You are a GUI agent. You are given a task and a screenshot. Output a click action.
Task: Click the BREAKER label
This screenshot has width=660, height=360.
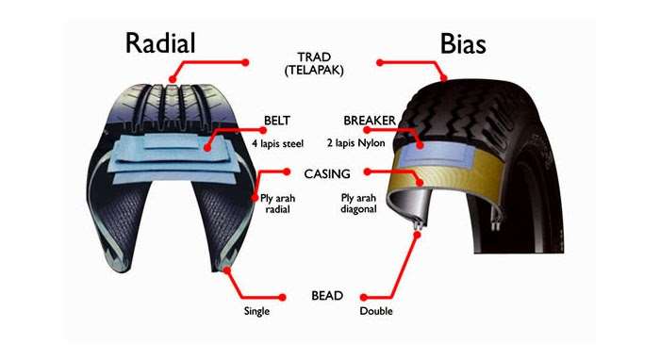[x=370, y=121]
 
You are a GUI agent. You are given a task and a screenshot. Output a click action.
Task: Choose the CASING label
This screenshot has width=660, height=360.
[x=327, y=174]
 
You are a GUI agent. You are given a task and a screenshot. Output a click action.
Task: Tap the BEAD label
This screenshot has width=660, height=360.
[x=327, y=296]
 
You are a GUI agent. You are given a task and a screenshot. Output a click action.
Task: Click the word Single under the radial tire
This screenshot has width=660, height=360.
[x=256, y=311]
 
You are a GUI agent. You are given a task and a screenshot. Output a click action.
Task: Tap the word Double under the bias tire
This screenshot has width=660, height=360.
[x=375, y=311]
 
